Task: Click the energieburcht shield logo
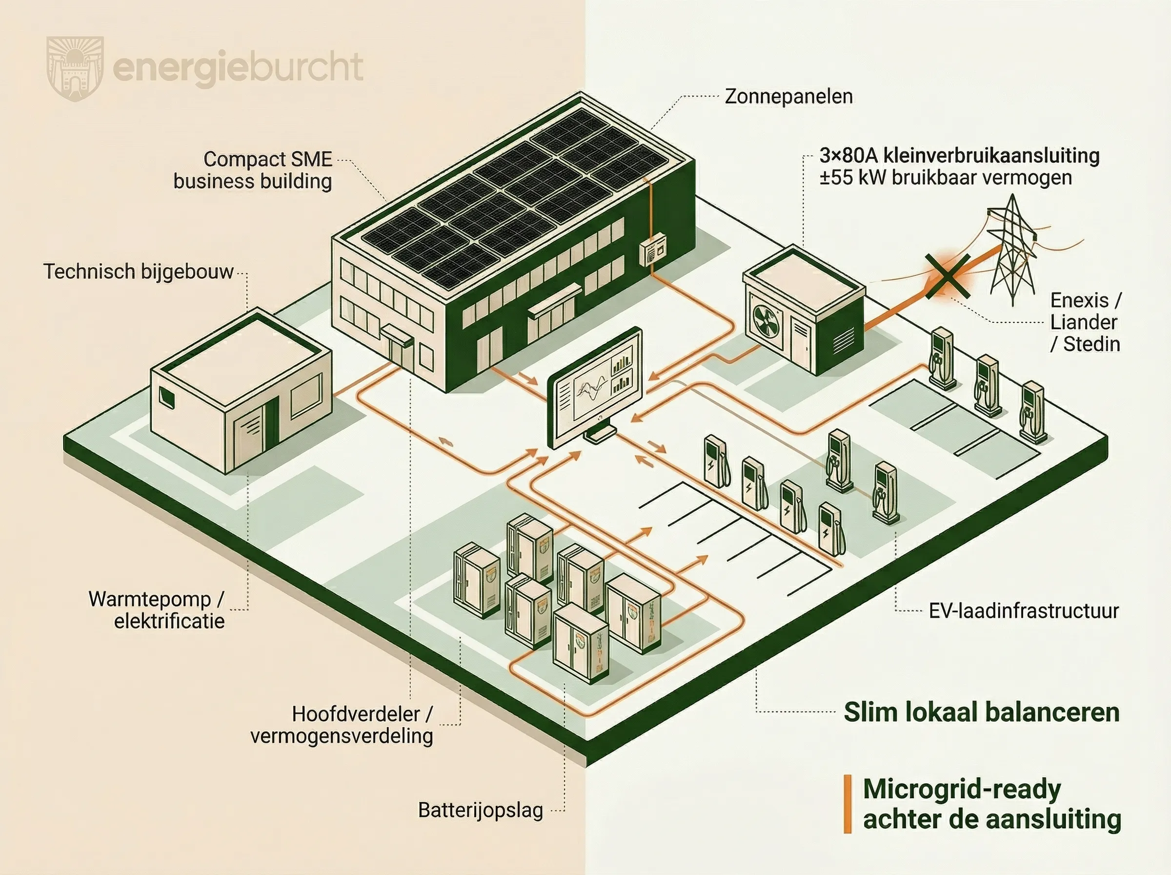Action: coord(75,68)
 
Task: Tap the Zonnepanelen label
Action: coord(788,96)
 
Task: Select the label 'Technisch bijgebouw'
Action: coord(138,271)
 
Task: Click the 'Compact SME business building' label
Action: coord(253,170)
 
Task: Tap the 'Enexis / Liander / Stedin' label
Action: coord(1085,322)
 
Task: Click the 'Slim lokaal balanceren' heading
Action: coord(981,712)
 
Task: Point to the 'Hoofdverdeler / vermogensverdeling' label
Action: coord(342,725)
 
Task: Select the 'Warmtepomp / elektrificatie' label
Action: coord(157,610)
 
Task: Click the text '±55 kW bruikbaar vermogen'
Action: coord(946,178)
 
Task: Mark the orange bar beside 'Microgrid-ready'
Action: coord(847,804)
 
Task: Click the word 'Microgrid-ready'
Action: coord(962,789)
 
